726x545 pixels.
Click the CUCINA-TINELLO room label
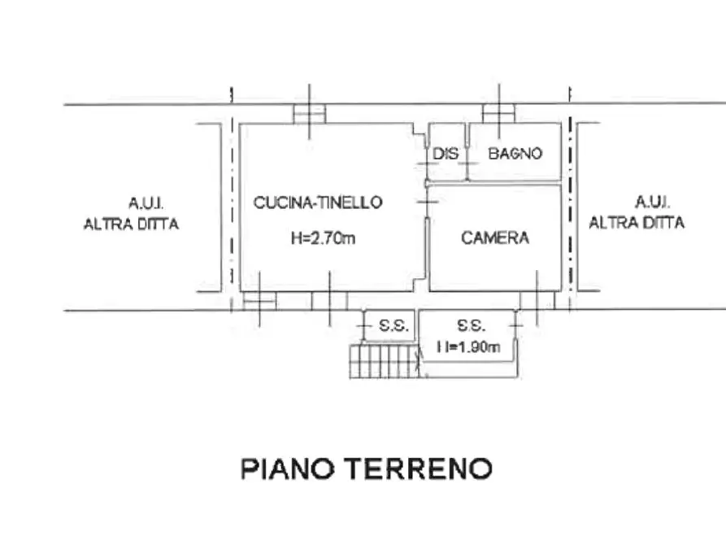[318, 203]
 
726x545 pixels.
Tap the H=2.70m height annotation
[323, 238]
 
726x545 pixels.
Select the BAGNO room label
[515, 154]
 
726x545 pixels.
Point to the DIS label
[446, 154]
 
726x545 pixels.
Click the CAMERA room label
[495, 238]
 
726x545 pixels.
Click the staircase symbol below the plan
[382, 360]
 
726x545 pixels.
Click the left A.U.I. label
[147, 202]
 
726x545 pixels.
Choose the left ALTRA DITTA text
[131, 224]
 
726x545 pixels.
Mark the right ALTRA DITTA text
[637, 222]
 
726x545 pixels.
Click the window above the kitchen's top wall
[309, 113]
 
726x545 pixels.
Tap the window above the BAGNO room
[498, 113]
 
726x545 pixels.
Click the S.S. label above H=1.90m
[471, 326]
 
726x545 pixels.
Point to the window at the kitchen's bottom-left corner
[259, 300]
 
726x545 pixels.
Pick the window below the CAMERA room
[537, 300]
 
